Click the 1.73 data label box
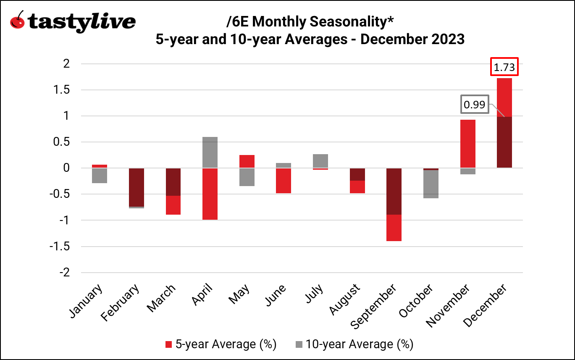pyautogui.click(x=504, y=67)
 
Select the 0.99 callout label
pyautogui.click(x=475, y=105)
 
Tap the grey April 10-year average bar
pyautogui.click(x=210, y=152)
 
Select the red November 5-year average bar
pyautogui.click(x=467, y=144)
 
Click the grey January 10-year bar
pyautogui.click(x=100, y=176)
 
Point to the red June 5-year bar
pyautogui.click(x=283, y=181)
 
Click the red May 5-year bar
pyautogui.click(x=247, y=161)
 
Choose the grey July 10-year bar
pyautogui.click(x=320, y=160)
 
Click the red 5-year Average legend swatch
pyautogui.click(x=169, y=344)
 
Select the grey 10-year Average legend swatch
pyautogui.click(x=299, y=344)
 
